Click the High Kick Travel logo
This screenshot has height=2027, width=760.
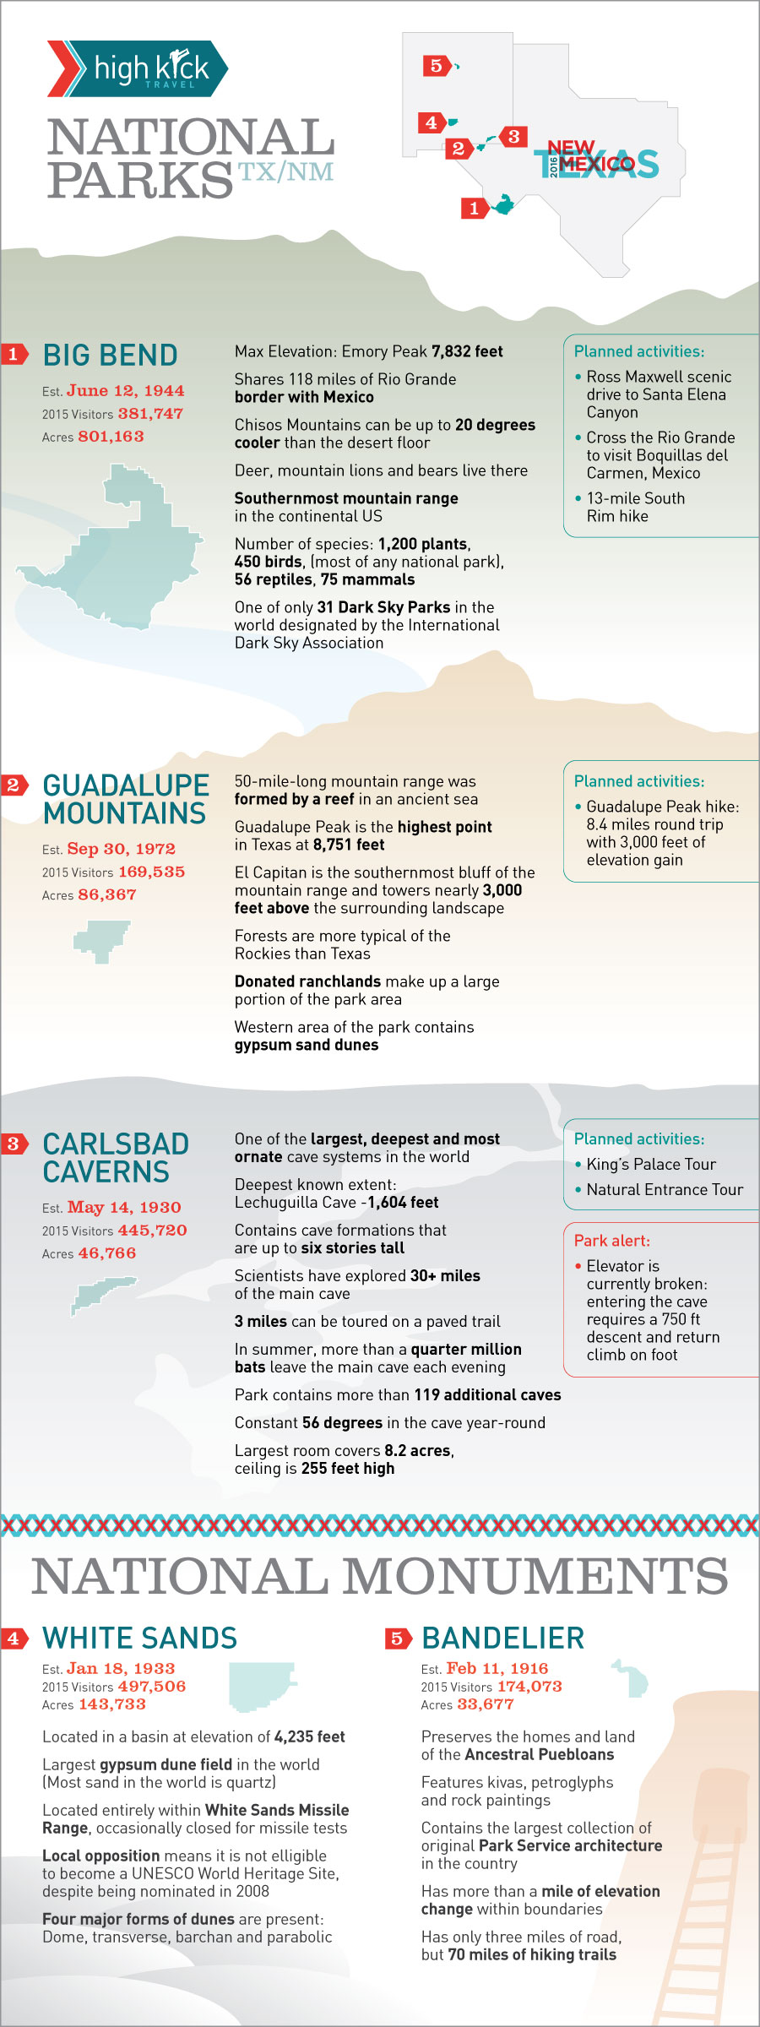(138, 68)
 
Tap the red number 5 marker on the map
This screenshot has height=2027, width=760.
(436, 65)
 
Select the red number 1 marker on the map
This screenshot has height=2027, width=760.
(474, 208)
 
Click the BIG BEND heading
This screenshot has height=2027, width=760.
(110, 356)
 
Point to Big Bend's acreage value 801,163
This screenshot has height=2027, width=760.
(111, 437)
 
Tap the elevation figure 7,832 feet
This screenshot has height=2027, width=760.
(467, 351)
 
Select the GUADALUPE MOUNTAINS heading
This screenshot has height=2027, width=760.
(125, 799)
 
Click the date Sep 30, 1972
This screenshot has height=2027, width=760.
(121, 849)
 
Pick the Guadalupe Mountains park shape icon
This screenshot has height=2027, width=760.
(101, 940)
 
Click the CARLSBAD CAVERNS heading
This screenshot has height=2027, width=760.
(116, 1158)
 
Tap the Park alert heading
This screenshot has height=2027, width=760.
(612, 1241)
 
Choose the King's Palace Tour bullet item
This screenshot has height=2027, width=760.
(650, 1165)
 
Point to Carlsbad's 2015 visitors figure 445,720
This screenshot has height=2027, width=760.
(152, 1231)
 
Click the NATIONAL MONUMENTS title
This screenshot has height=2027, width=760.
(380, 1577)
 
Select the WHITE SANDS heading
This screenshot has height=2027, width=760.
(139, 1638)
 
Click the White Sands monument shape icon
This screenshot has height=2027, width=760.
(260, 1687)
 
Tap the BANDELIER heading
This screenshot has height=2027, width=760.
(502, 1638)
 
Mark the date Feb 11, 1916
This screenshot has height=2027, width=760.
(497, 1668)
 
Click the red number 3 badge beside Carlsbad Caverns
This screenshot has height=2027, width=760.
(14, 1144)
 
